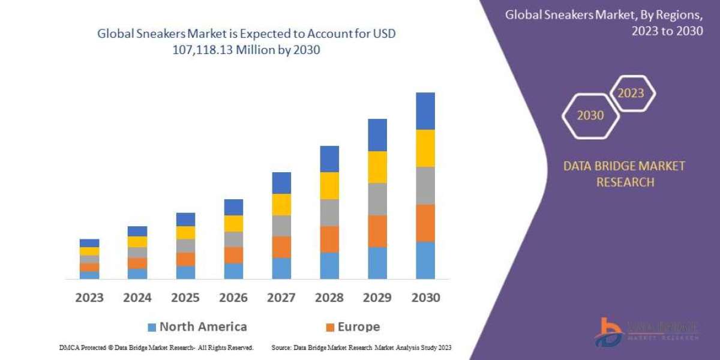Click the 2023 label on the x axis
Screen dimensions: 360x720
(x=89, y=298)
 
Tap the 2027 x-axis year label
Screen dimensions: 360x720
(x=281, y=298)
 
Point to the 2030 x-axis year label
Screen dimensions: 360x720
(x=425, y=298)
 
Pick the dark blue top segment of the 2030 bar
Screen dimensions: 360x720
(x=425, y=111)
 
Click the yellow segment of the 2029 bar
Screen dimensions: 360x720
(x=377, y=167)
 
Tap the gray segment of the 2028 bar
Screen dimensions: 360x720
(x=329, y=212)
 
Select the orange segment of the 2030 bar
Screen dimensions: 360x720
(x=425, y=223)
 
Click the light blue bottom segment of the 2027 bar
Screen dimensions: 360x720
(x=281, y=268)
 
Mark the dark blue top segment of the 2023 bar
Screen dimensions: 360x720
(x=89, y=243)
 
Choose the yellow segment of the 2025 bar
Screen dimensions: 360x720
(x=185, y=233)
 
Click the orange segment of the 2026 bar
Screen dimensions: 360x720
(x=233, y=255)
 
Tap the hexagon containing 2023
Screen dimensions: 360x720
(x=631, y=93)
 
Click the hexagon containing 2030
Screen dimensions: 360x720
(x=590, y=116)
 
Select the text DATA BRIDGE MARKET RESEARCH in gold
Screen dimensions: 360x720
(x=624, y=174)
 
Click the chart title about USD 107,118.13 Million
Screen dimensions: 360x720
(x=246, y=42)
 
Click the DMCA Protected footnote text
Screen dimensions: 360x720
(x=156, y=347)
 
